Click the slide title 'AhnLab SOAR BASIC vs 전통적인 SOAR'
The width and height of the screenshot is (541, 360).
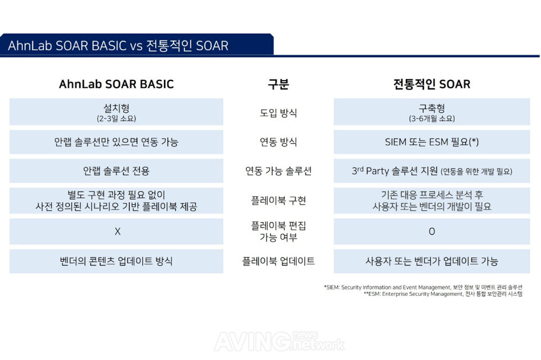pos(118,46)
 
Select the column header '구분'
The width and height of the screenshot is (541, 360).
pos(278,84)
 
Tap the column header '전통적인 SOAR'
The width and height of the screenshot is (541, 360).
pos(432,84)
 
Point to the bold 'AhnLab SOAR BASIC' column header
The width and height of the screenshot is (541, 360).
pos(116,84)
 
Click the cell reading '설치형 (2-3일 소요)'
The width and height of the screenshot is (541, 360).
pos(116,112)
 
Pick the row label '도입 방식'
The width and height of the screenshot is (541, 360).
pos(278,113)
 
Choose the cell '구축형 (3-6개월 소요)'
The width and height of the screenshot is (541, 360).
pos(432,112)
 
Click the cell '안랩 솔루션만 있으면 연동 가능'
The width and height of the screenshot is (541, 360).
pos(116,142)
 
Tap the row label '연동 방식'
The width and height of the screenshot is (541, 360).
pos(278,142)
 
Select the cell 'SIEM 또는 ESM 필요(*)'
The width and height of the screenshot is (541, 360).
pos(432,142)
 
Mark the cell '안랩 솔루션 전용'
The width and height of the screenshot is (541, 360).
pos(116,171)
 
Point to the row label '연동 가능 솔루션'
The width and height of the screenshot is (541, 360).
pos(278,171)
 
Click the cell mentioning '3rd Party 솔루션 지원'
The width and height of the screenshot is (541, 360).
pos(432,171)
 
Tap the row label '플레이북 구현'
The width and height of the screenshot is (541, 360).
pos(278,201)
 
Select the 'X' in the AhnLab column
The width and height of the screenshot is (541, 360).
pos(117,232)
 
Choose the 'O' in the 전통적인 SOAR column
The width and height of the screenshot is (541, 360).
pos(432,232)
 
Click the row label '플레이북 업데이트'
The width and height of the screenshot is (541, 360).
pos(278,261)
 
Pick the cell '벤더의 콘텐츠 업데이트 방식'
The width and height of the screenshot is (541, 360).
pos(116,261)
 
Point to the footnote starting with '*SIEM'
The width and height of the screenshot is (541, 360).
pos(423,287)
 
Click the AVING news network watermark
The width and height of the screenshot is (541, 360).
pos(279,341)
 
